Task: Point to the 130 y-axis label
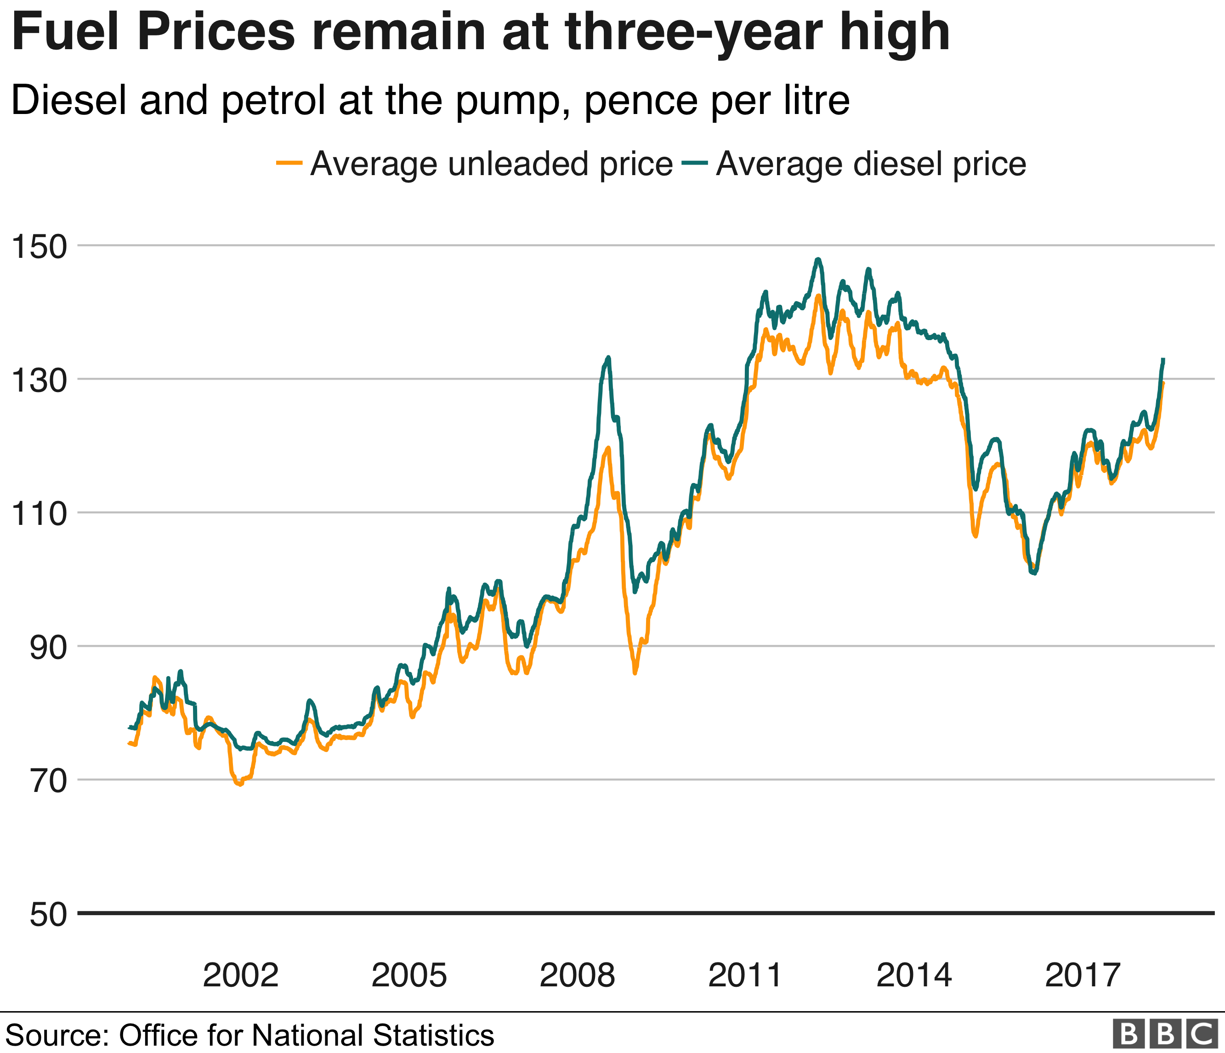click(40, 381)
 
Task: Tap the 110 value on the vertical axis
click(40, 514)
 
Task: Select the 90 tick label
click(48, 648)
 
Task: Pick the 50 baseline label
click(48, 915)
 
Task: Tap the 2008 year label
click(577, 975)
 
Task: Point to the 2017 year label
click(1082, 975)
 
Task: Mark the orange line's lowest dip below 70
click(239, 785)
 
